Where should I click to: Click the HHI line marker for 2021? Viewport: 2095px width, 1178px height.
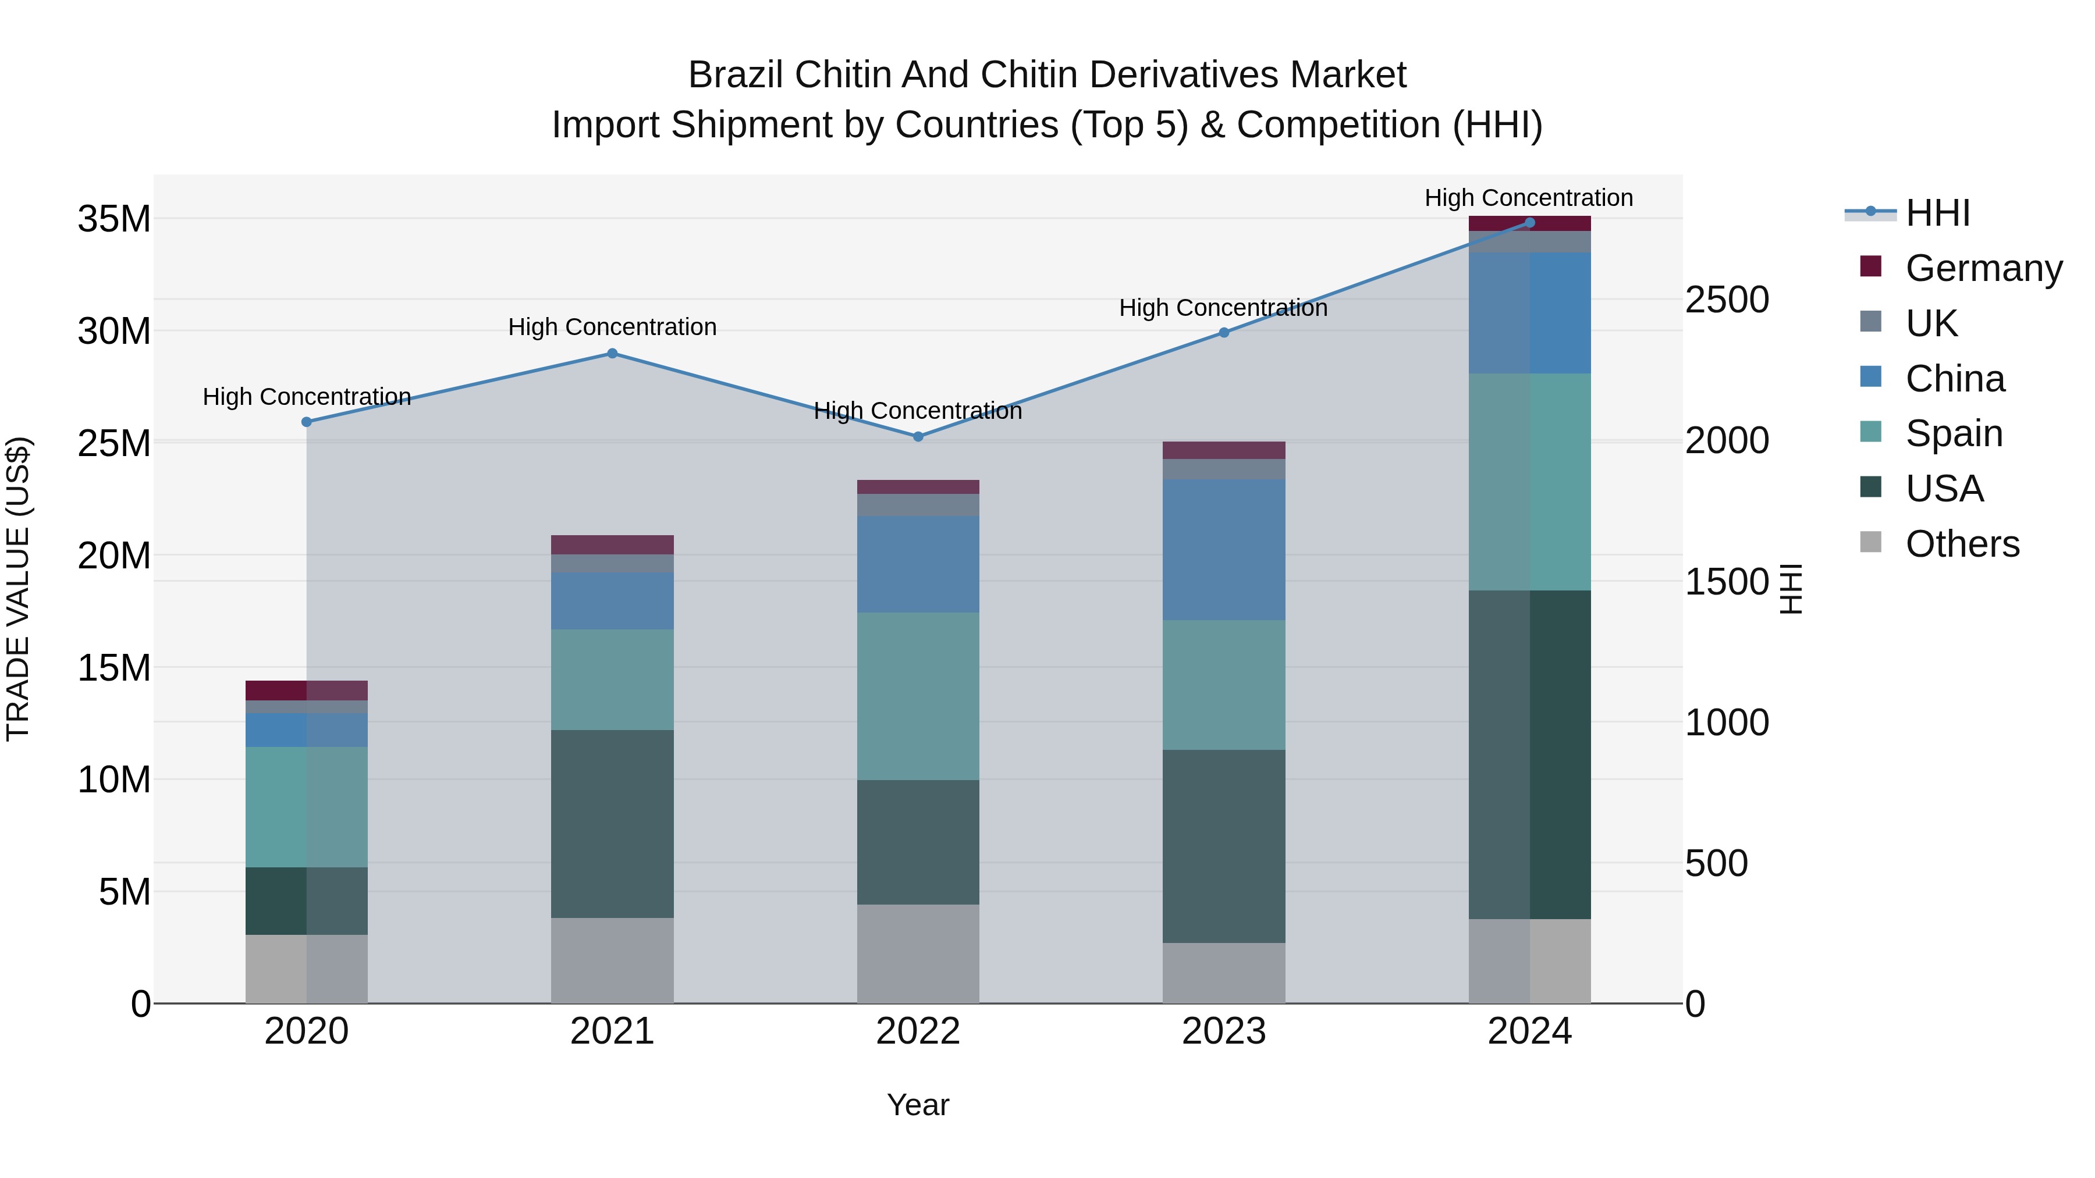click(612, 354)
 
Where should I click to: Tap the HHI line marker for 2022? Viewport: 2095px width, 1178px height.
click(918, 436)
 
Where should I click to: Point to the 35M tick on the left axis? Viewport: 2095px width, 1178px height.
click(114, 219)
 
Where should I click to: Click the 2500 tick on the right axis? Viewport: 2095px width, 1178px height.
click(1727, 300)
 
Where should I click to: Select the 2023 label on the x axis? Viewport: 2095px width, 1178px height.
click(1223, 1031)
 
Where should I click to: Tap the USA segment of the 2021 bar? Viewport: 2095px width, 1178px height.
click(612, 824)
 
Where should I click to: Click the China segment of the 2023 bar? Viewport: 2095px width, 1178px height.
click(1223, 550)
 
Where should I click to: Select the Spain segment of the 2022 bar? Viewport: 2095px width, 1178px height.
click(918, 697)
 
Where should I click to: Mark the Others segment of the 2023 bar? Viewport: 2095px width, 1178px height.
click(1223, 973)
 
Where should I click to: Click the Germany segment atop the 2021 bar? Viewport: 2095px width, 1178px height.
click(612, 544)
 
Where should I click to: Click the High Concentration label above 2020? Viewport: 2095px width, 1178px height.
click(307, 397)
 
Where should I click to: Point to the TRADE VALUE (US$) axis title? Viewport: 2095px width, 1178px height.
click(18, 589)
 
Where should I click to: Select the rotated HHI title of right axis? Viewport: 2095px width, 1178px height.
click(1791, 589)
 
